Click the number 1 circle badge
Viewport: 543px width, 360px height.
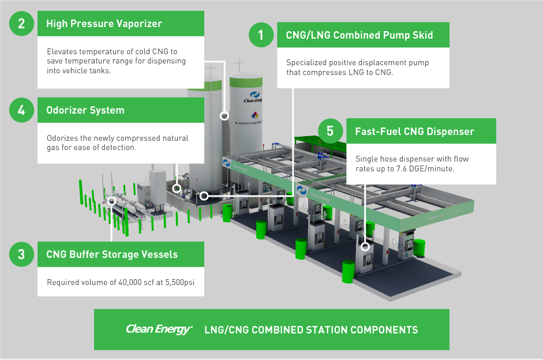(260, 35)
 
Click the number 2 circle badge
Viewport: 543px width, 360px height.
(21, 24)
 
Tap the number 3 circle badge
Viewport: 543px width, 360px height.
(21, 254)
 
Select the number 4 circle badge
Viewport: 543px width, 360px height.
(21, 110)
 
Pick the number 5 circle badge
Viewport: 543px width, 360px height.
(329, 131)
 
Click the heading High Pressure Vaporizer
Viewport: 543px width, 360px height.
(104, 24)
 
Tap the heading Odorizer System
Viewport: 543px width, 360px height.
(85, 110)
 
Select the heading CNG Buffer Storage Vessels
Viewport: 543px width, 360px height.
(112, 254)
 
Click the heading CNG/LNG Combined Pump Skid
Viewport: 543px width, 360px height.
(359, 36)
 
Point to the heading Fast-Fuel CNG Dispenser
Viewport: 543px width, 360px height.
(414, 132)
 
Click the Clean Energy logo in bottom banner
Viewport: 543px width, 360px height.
(159, 329)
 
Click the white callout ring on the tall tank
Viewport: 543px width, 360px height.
(224, 115)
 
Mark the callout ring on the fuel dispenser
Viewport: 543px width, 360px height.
(365, 246)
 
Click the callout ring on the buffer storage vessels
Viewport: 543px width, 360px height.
(111, 201)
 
